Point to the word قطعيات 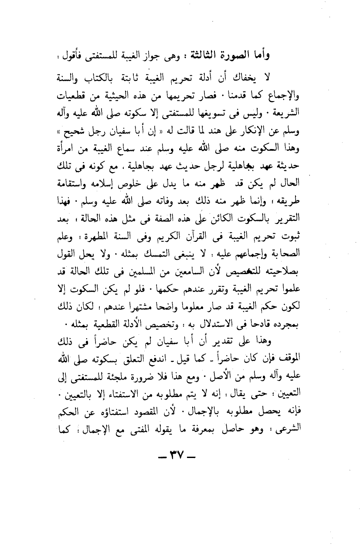pos(69,96)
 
